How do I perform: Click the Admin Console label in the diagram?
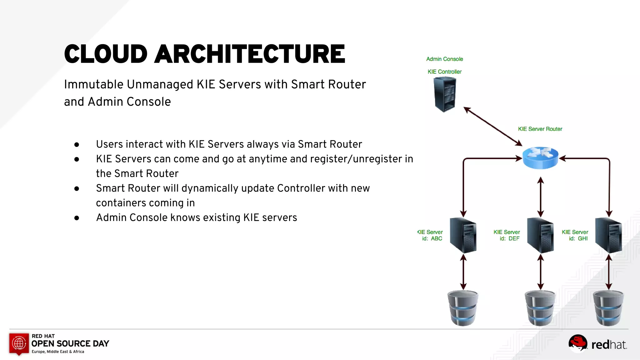444,59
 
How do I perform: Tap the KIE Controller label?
444,72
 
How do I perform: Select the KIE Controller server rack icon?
445,94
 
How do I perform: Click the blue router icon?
540,157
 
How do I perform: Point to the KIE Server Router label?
540,129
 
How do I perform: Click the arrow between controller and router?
493,126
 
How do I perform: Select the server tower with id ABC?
463,236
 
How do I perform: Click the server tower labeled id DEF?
540,236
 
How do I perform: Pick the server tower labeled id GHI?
608,236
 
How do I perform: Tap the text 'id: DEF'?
509,238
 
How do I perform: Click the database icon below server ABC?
463,308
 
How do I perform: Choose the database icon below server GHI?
608,308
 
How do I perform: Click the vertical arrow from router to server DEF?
541,197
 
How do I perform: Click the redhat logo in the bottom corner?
597,344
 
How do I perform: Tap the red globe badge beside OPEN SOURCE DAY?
19,343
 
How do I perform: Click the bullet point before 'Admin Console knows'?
77,218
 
